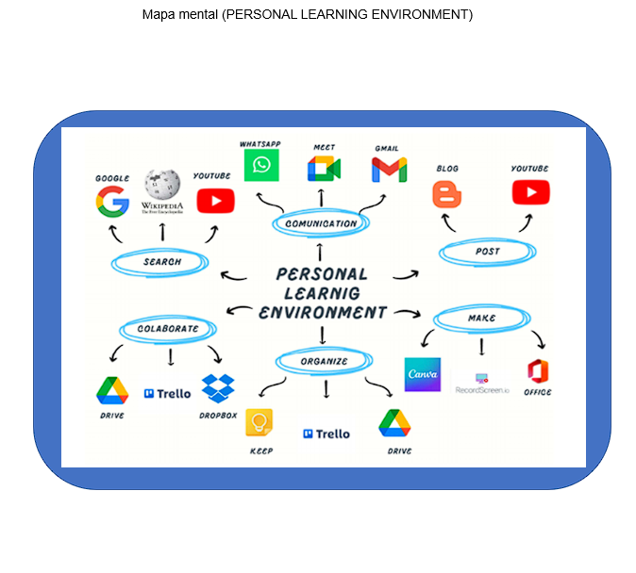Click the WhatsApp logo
coord(261,166)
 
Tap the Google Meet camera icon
coord(323,168)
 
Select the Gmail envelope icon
coord(389,169)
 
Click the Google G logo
coord(112,201)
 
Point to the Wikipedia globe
coord(162,186)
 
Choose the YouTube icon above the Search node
coord(215,201)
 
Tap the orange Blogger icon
coord(447,194)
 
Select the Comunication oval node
coord(321,223)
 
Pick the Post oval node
coord(488,252)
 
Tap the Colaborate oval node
coord(168,329)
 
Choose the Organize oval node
coord(324,360)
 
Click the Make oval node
coord(481,319)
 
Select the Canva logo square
coord(422,374)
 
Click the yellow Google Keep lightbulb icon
coord(259,422)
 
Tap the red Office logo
coord(538,370)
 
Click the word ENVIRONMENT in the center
coord(323,312)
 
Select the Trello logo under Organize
coord(326,434)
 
